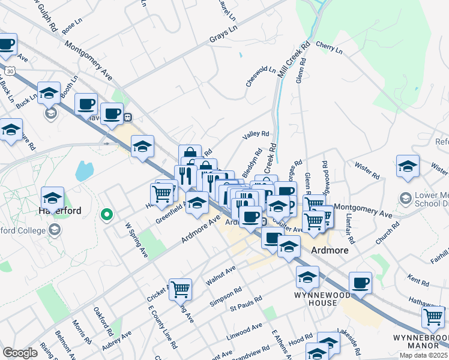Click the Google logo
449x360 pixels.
tap(20, 353)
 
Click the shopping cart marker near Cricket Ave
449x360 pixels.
tap(180, 290)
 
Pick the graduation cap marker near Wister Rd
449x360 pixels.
tap(408, 167)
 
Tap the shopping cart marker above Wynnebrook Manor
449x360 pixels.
tap(433, 317)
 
